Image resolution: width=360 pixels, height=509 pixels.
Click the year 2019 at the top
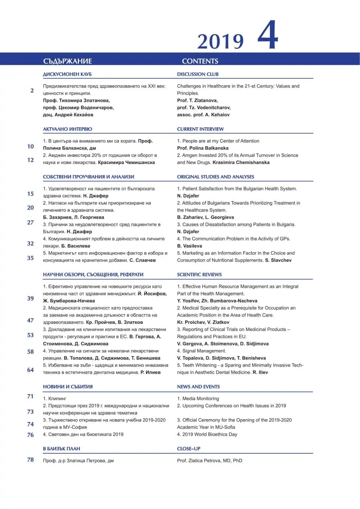(x=220, y=41)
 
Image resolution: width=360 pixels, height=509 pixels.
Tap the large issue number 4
(x=268, y=35)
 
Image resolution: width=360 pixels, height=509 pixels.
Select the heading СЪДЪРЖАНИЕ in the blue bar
(x=68, y=61)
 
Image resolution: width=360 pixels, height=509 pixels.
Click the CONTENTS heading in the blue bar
(x=200, y=61)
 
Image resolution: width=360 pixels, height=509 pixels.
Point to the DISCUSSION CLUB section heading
(x=198, y=74)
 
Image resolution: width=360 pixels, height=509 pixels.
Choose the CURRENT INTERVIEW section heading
(x=200, y=129)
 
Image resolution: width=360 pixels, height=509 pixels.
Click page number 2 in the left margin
(x=32, y=90)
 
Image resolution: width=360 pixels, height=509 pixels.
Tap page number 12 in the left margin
(x=30, y=160)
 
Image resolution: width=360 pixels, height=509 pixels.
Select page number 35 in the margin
(x=30, y=258)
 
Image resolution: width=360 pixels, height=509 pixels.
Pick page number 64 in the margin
(x=30, y=370)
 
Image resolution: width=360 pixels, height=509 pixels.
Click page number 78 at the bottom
(x=30, y=460)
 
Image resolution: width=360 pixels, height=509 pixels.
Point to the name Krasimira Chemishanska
(x=241, y=162)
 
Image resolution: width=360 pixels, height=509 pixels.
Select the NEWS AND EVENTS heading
(x=198, y=387)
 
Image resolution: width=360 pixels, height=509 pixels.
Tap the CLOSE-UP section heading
(x=188, y=449)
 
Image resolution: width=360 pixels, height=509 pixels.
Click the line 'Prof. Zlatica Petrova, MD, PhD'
(x=209, y=461)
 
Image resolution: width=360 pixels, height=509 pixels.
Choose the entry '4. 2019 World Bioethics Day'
(x=207, y=434)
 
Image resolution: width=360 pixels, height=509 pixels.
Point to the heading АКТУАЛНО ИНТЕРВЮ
(x=68, y=129)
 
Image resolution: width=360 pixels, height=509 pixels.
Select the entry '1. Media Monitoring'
(x=198, y=399)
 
